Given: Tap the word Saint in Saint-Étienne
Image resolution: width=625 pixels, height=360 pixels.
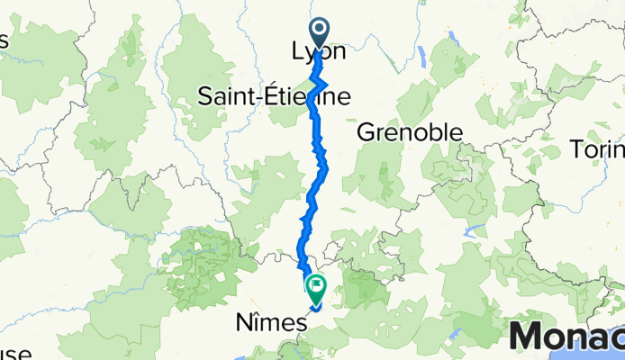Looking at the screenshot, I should pyautogui.click(x=226, y=95).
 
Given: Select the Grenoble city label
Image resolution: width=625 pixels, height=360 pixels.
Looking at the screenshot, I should pyautogui.click(x=410, y=133).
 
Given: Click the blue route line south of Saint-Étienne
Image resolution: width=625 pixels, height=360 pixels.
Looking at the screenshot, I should pyautogui.click(x=319, y=153).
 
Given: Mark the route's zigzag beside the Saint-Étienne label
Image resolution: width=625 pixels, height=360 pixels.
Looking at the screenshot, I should pyautogui.click(x=321, y=90).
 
